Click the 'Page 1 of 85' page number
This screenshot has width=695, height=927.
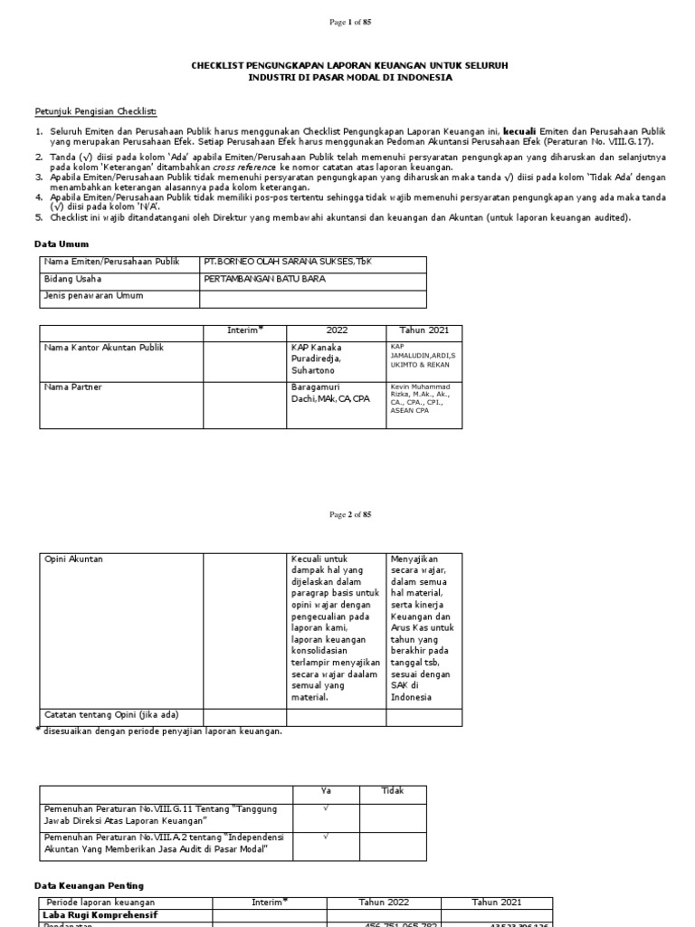point(347,23)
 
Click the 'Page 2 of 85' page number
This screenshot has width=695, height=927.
point(347,515)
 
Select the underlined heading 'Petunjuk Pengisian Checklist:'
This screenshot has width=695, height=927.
point(95,111)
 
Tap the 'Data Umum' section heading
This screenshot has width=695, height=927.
point(62,244)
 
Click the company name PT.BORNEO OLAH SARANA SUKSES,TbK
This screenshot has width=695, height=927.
point(287,262)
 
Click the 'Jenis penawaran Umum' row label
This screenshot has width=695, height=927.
point(93,296)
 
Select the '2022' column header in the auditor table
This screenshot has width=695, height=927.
point(337,330)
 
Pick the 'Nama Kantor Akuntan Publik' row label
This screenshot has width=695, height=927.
point(104,348)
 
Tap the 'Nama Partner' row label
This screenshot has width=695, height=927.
point(73,387)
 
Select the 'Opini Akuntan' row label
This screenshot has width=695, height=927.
point(74,559)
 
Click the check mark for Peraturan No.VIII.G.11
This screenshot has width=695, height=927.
point(326,808)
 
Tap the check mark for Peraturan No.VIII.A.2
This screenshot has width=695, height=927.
point(326,837)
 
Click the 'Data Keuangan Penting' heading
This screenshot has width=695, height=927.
point(89,884)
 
